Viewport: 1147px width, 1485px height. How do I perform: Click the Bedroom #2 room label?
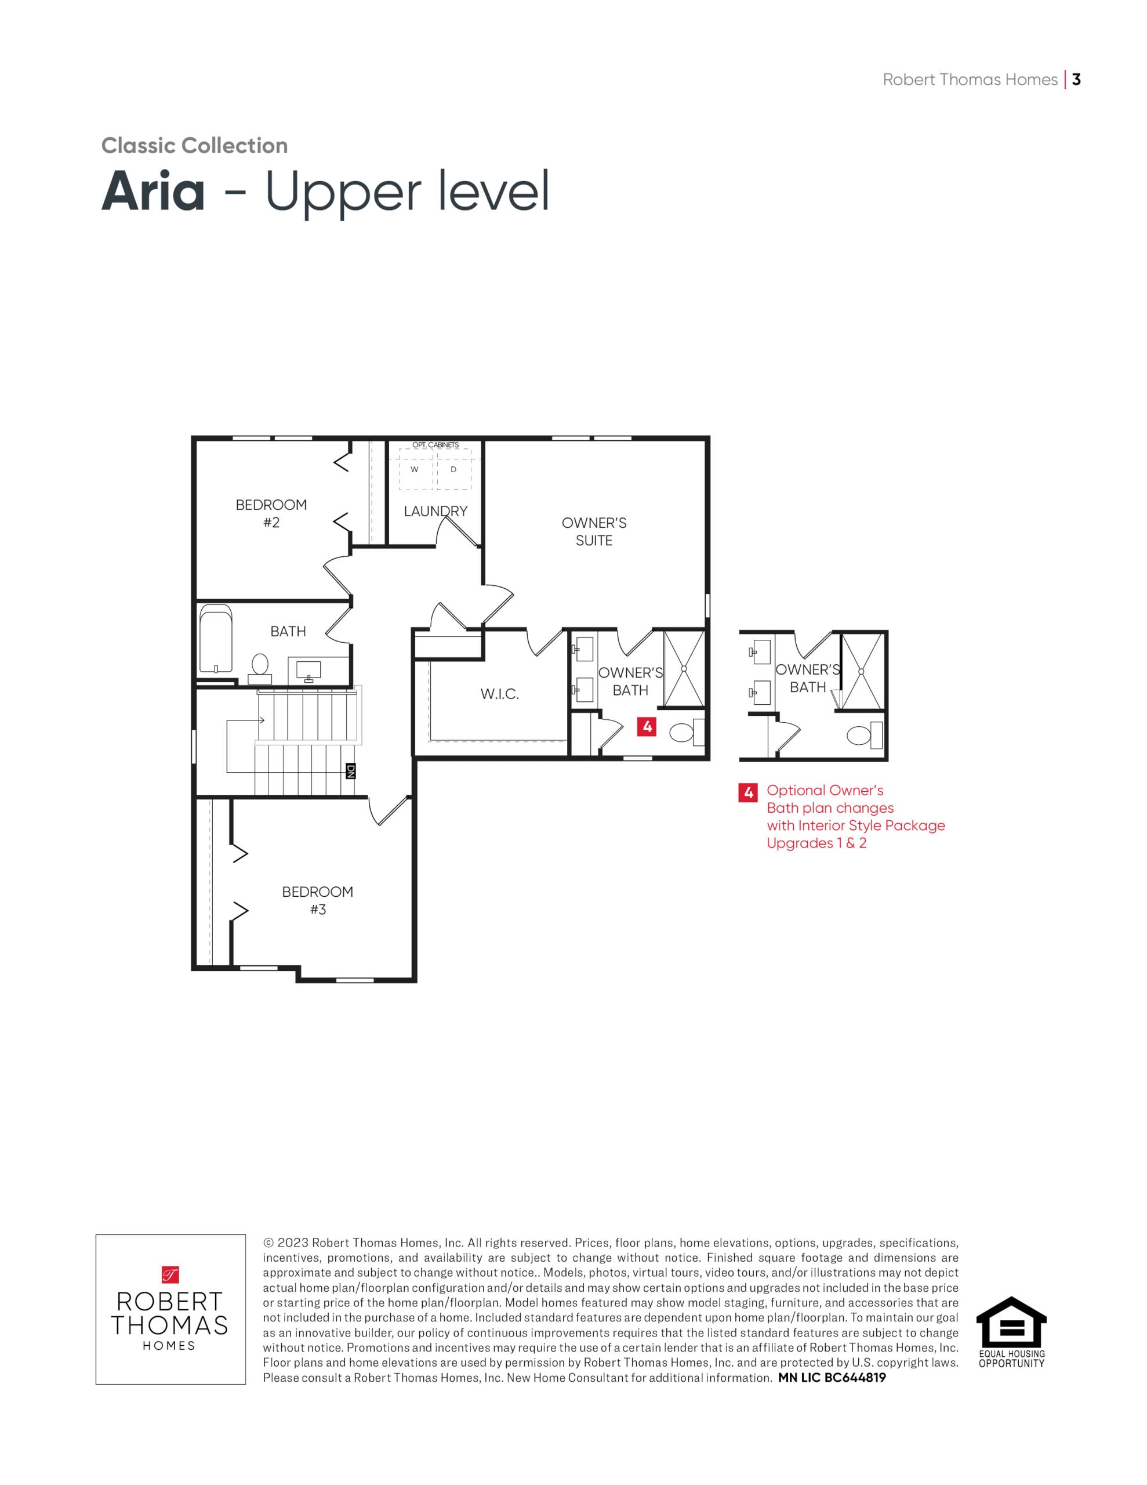[x=271, y=513]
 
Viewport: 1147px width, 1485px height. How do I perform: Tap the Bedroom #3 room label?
[x=318, y=900]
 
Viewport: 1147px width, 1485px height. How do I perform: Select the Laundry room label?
[x=436, y=511]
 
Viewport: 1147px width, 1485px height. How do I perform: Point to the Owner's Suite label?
[x=594, y=532]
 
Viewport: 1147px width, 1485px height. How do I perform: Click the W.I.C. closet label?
[x=500, y=694]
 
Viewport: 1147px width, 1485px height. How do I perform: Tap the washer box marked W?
[x=415, y=469]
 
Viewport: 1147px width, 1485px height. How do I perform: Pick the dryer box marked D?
[x=453, y=469]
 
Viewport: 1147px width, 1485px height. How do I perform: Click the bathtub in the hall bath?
[x=216, y=639]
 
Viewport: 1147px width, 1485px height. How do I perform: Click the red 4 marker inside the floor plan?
[x=647, y=726]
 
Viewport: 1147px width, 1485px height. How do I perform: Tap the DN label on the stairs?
[x=351, y=770]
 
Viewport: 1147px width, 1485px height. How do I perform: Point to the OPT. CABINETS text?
[x=436, y=445]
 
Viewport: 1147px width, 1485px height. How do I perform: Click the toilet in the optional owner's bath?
[x=863, y=735]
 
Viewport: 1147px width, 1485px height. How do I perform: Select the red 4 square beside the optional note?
[x=749, y=792]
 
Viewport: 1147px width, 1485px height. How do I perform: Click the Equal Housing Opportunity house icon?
[x=1011, y=1322]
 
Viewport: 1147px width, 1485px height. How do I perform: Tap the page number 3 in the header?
[x=1076, y=79]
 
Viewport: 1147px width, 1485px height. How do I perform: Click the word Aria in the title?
[x=153, y=192]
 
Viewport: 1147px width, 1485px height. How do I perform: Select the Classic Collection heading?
[x=194, y=146]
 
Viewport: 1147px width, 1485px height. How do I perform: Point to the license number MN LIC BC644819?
[x=832, y=1378]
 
